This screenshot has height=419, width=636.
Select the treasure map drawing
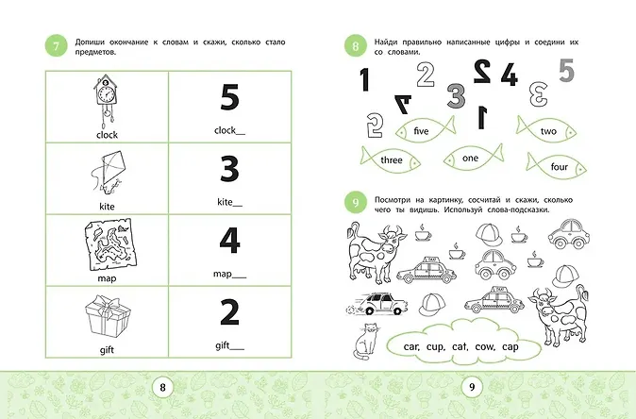coord(110,245)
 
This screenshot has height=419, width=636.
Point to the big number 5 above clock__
coord(229,97)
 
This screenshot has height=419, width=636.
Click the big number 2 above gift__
coord(229,312)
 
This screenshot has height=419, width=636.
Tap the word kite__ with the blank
coord(229,202)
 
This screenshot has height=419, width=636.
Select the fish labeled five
coord(425,130)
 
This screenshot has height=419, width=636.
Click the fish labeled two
coord(546,130)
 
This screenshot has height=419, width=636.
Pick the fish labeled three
coord(391,159)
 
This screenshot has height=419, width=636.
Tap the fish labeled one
coord(474,158)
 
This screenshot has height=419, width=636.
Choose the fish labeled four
coord(556,166)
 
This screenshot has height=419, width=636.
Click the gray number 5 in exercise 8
coord(566,70)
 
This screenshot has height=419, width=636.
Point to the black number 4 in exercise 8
coord(509,75)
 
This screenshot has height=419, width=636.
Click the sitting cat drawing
coord(365,342)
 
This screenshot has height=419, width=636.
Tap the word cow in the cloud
coord(485,346)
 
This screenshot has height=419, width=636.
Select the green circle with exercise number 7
coord(56,45)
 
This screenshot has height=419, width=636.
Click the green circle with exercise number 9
coord(356,202)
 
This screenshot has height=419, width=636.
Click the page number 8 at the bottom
coord(162,387)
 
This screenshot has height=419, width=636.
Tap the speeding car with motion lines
coord(377,303)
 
